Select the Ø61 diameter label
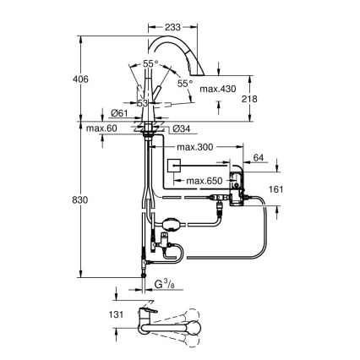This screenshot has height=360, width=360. click(120, 114)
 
